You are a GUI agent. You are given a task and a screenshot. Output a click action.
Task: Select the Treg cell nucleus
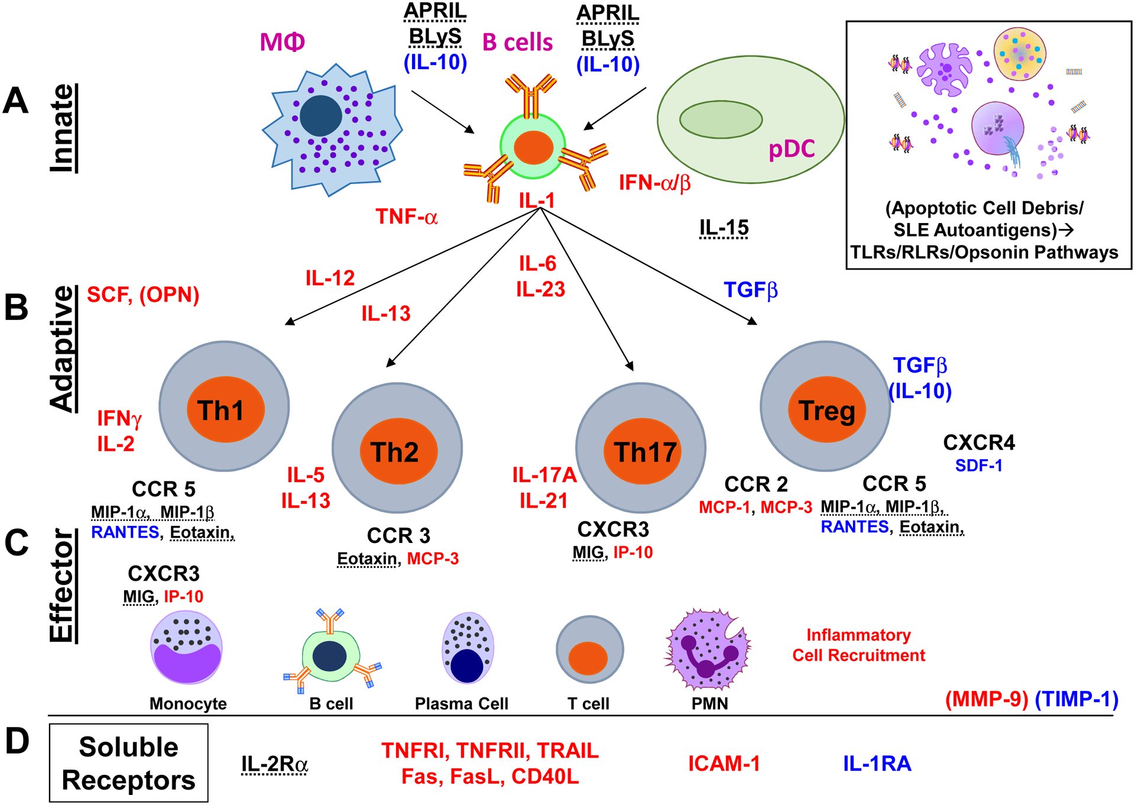[x=826, y=410]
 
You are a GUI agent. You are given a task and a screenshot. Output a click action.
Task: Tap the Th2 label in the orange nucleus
[x=395, y=452]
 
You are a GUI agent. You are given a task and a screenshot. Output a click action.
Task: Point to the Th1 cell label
[x=220, y=410]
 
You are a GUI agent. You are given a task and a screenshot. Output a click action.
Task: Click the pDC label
[x=792, y=149]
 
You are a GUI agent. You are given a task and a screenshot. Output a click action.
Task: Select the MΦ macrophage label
[x=283, y=43]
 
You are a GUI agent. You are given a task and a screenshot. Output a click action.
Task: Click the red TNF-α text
[x=407, y=217]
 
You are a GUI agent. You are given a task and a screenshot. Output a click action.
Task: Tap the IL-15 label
[x=724, y=228]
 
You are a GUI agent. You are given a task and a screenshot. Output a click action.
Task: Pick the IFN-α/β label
[x=654, y=183]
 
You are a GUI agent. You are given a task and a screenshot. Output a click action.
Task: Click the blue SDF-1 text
[x=978, y=466]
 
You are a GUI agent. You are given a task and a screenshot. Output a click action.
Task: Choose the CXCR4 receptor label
[x=979, y=442]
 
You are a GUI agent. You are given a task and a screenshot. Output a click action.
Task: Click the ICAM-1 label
[x=724, y=764]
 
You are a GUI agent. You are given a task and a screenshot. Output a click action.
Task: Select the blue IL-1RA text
[x=877, y=764]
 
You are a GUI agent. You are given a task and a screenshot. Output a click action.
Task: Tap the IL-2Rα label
[x=274, y=764]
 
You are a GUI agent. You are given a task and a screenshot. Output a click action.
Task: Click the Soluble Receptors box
[x=129, y=763]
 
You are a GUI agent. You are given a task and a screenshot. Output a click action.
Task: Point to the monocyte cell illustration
[x=187, y=648]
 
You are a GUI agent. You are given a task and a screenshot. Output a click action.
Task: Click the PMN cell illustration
[x=707, y=649]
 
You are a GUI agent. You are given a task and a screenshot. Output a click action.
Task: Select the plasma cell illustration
[x=468, y=648]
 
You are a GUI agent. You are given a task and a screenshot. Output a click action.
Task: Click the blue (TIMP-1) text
[x=1076, y=699]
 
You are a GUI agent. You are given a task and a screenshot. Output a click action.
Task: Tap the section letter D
[x=18, y=741]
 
